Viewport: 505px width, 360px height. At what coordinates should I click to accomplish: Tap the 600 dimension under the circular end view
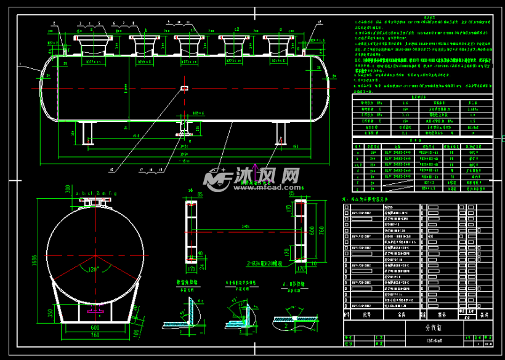click(x=95, y=327)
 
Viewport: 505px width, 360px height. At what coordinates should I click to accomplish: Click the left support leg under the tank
click(x=86, y=132)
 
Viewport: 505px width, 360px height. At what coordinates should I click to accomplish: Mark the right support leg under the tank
click(x=282, y=132)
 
